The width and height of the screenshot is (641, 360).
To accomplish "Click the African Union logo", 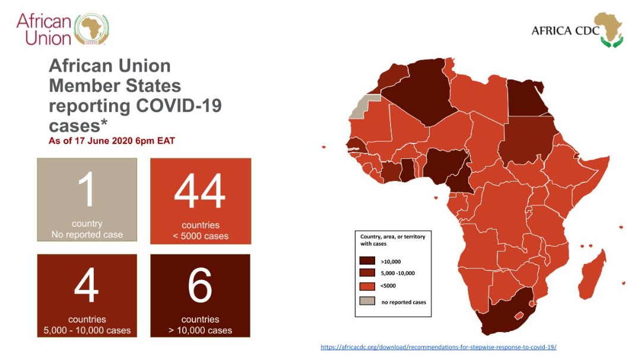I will (x=62, y=29).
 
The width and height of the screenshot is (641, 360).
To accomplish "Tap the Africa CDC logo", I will (x=577, y=30).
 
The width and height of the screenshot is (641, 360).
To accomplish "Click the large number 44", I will (x=200, y=192).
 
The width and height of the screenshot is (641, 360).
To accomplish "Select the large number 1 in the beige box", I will (x=87, y=190).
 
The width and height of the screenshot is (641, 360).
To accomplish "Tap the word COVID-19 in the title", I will (x=178, y=106).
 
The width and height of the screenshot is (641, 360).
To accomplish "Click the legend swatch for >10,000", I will (x=367, y=261).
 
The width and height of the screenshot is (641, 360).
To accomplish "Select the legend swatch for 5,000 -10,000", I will (x=367, y=273).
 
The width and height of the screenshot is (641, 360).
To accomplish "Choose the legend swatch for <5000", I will (x=367, y=286).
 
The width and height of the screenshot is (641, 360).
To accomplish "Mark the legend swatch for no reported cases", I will (x=367, y=301).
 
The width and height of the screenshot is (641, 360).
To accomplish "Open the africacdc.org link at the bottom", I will (x=438, y=347).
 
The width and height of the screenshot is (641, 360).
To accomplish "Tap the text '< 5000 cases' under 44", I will (x=201, y=236).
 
